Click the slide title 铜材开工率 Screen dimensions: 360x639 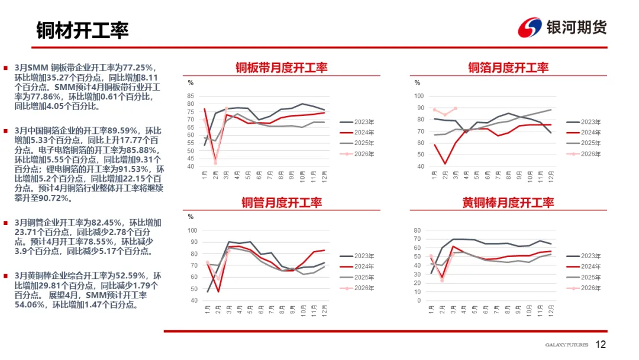82,30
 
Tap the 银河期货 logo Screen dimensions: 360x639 561,27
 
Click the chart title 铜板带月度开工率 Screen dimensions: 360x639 281,67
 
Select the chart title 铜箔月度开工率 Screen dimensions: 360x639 508,67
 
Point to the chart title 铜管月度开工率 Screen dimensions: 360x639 281,202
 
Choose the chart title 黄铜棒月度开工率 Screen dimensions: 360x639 508,202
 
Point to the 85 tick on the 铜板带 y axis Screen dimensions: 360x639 191,96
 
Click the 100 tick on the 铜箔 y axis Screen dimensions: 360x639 419,96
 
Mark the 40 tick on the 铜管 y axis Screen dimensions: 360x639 192,301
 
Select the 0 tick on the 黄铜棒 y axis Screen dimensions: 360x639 418,301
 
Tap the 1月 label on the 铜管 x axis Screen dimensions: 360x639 208,310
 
